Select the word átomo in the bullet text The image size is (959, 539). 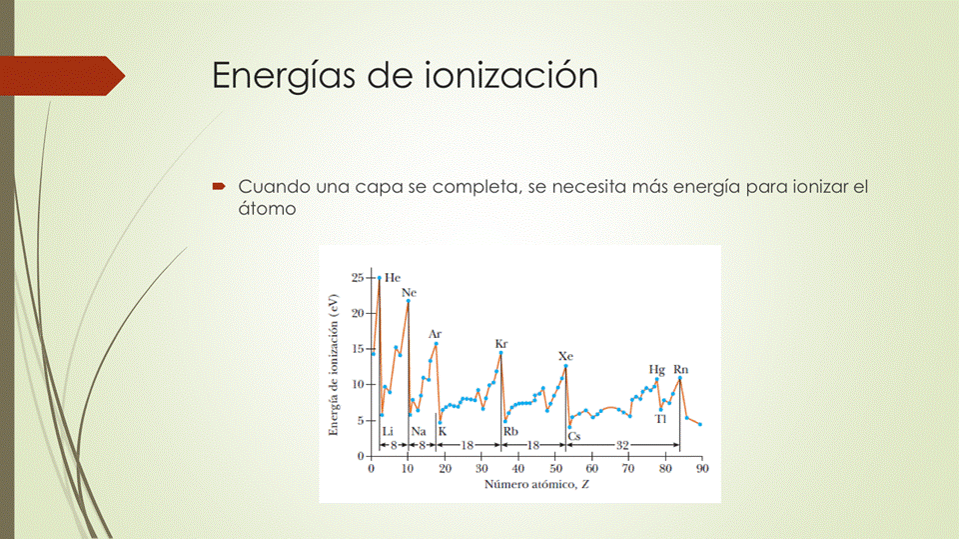[268, 209]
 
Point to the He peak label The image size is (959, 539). [393, 277]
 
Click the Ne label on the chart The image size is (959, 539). [409, 293]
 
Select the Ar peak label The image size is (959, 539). [436, 334]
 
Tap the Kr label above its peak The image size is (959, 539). [501, 344]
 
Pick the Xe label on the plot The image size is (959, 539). [565, 356]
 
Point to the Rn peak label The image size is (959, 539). [680, 370]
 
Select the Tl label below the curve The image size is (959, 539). [660, 419]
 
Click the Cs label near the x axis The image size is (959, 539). [573, 436]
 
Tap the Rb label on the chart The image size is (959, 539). [510, 431]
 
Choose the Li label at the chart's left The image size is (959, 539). [389, 431]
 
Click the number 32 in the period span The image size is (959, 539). [622, 444]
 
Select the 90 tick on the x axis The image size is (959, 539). [701, 468]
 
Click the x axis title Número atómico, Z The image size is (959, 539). [535, 485]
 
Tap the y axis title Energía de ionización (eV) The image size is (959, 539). [334, 365]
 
